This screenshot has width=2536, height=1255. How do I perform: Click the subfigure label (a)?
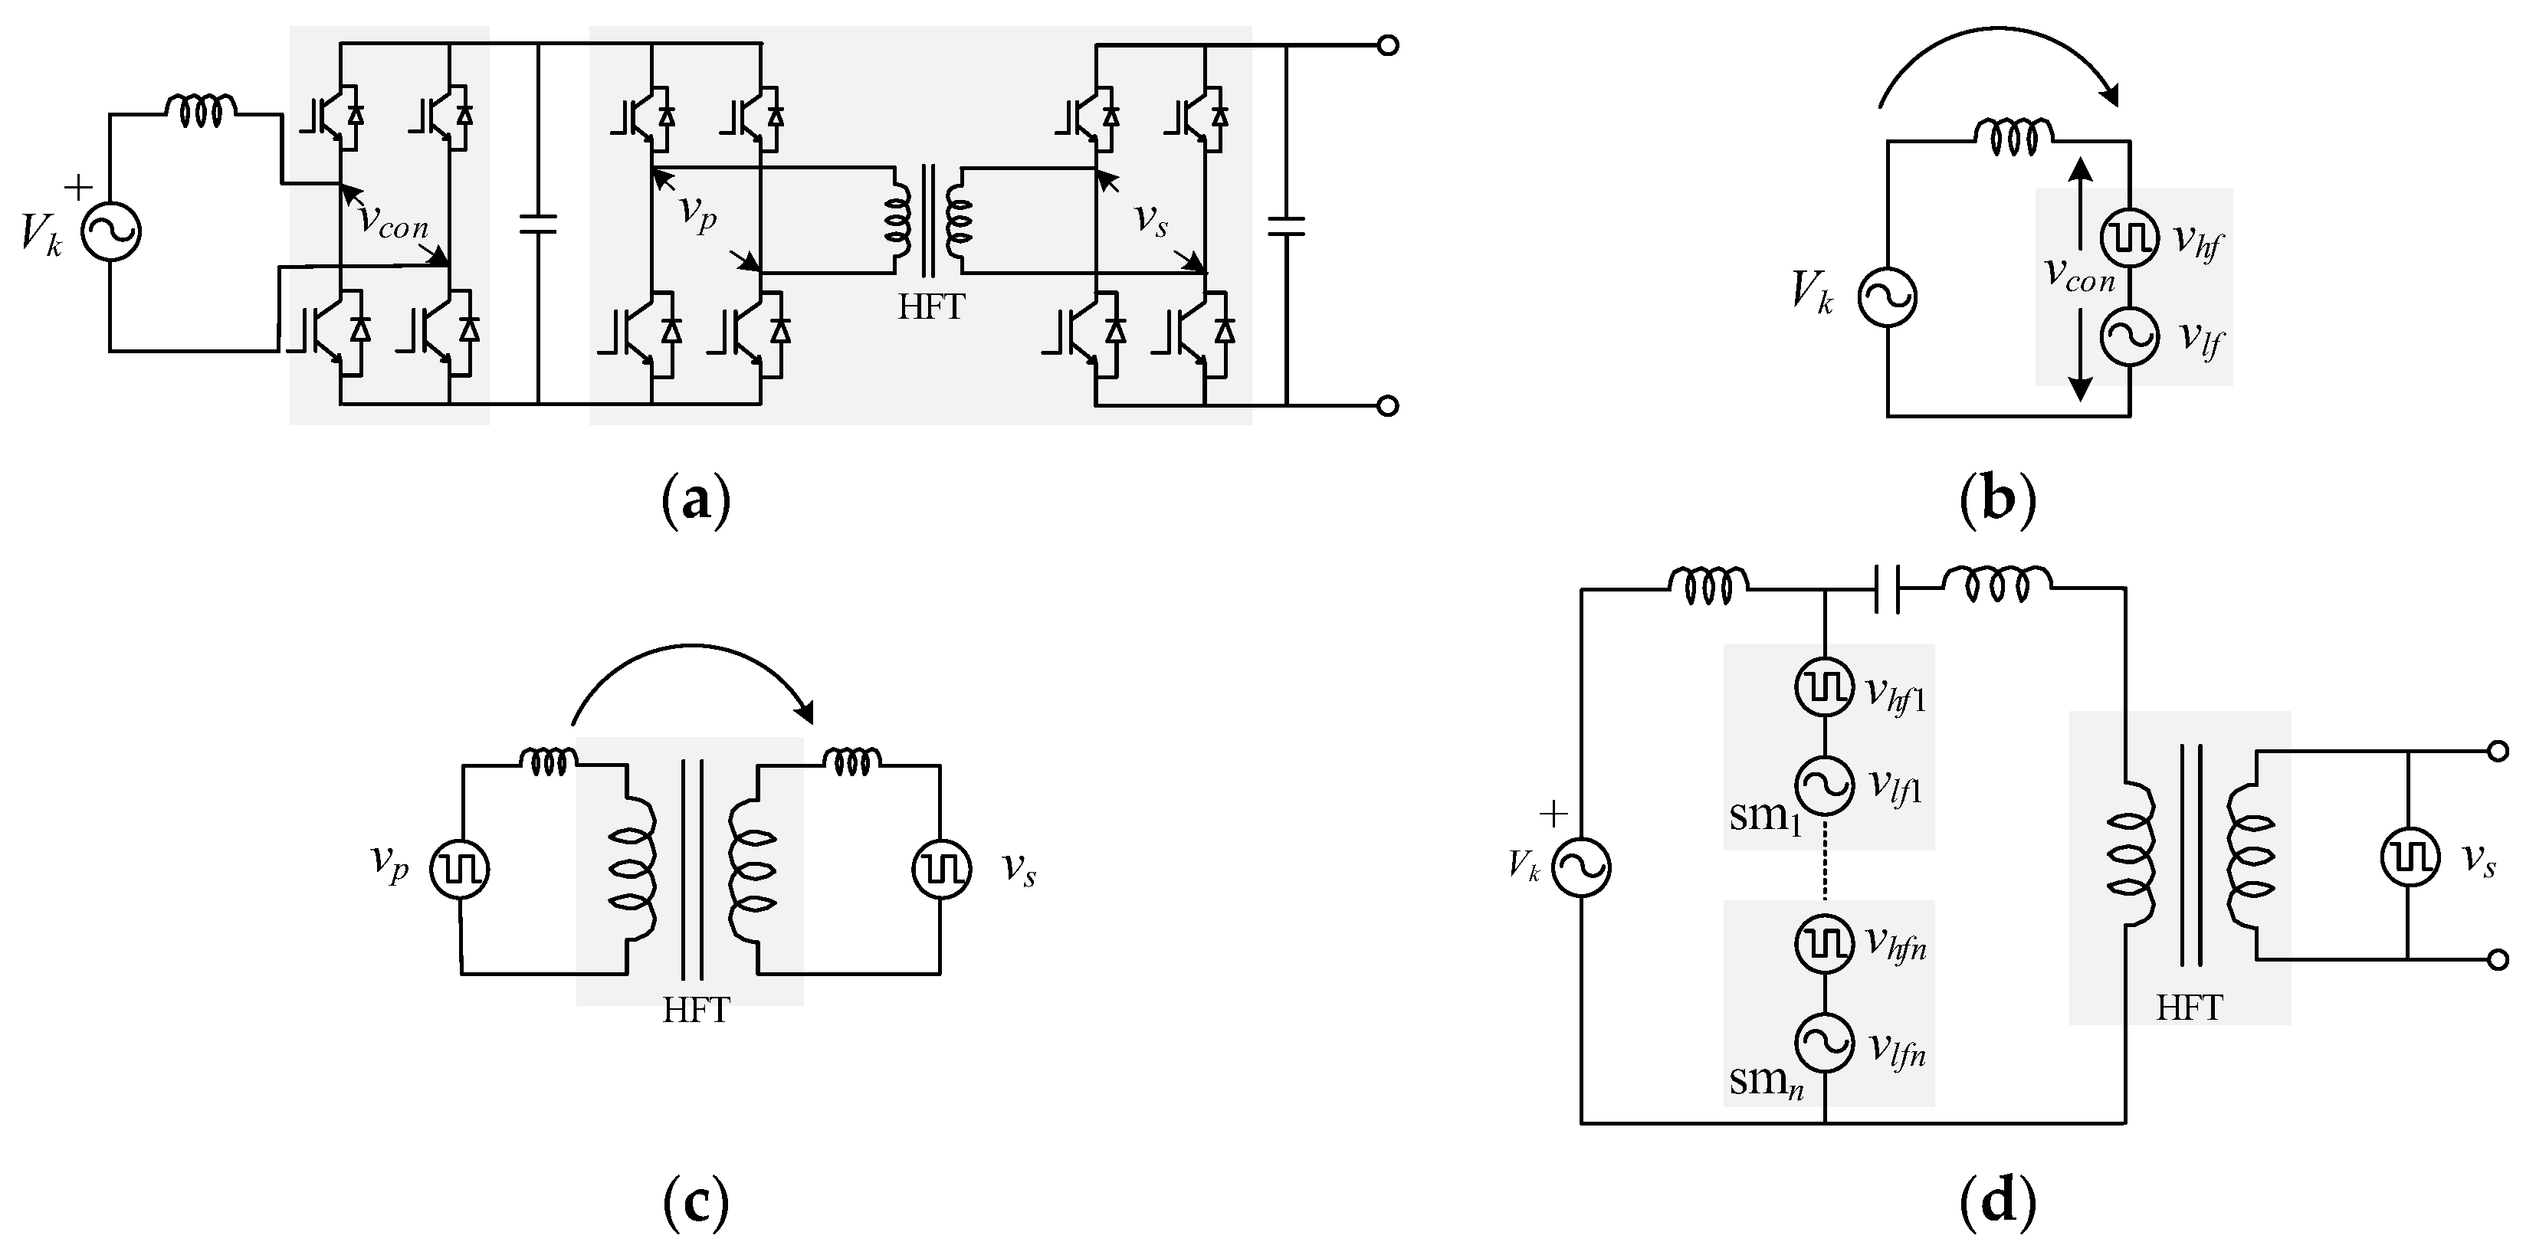click(696, 501)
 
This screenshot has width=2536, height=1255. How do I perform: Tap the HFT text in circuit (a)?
click(930, 308)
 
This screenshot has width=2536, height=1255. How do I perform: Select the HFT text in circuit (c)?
click(696, 1011)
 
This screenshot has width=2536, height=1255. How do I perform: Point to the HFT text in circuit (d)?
click(2190, 1009)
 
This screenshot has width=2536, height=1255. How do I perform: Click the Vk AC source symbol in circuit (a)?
click(110, 232)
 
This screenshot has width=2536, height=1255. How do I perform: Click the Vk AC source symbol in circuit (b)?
click(1887, 297)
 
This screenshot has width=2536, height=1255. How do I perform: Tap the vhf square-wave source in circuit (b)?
click(2129, 238)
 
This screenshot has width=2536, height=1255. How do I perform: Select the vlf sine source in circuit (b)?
click(2129, 336)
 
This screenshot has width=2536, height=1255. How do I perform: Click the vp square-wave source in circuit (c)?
click(460, 869)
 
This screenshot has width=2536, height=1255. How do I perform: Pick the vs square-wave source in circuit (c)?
click(941, 869)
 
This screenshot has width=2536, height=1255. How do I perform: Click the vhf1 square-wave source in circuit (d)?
click(1826, 688)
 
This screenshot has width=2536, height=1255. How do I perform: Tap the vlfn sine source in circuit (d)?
click(1826, 1044)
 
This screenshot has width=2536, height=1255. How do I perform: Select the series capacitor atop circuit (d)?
click(1887, 588)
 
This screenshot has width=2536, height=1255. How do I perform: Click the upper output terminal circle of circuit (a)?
click(1388, 45)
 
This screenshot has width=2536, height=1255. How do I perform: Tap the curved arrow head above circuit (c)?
click(807, 712)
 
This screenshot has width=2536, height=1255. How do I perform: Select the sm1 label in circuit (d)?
click(1765, 817)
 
